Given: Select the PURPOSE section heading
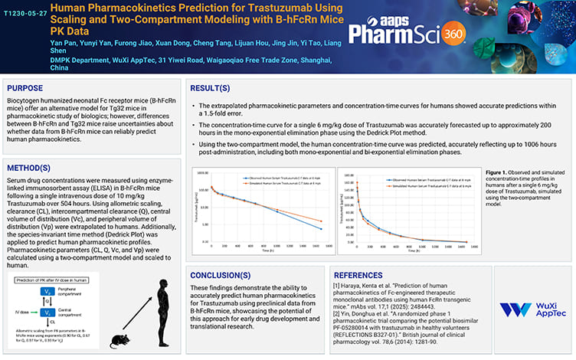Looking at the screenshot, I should tap(27, 88).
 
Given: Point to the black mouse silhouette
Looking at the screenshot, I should tap(119, 339).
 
